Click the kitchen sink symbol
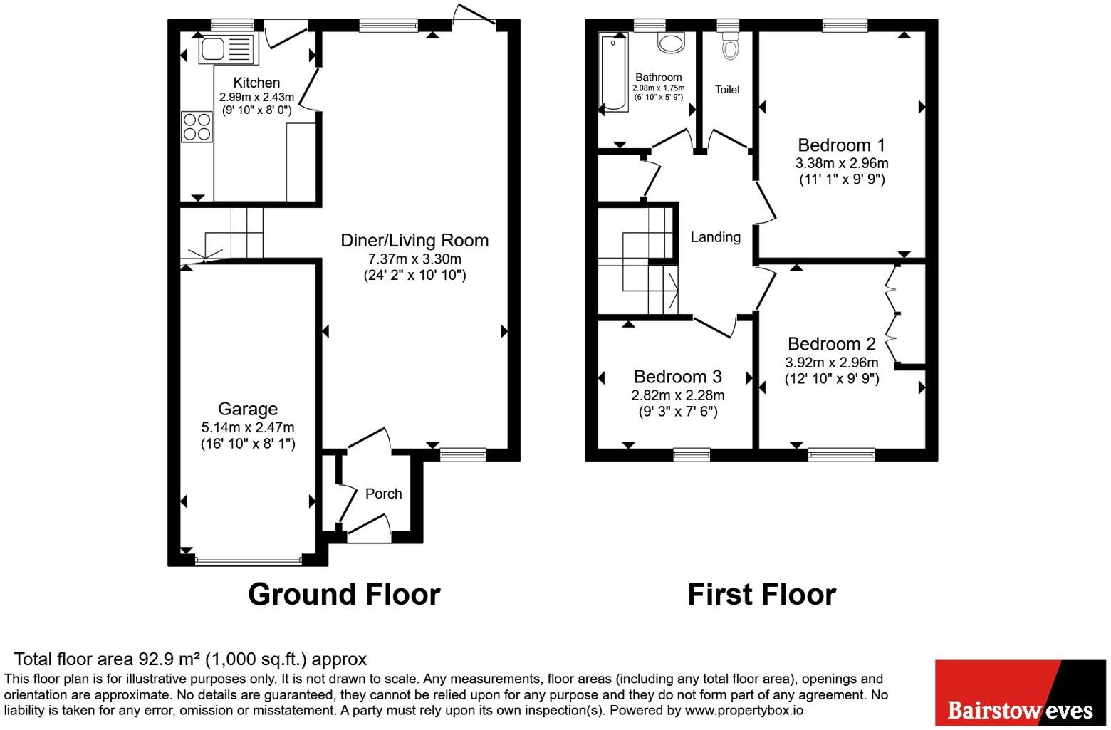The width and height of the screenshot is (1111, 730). [x=226, y=49]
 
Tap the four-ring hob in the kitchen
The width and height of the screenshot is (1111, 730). [x=197, y=126]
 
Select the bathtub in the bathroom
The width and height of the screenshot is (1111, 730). [x=614, y=73]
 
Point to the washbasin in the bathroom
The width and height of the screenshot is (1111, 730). [x=671, y=43]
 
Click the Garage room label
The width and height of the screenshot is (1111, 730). [x=248, y=409]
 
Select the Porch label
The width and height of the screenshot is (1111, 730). [x=383, y=494]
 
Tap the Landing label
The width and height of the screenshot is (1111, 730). [x=715, y=237]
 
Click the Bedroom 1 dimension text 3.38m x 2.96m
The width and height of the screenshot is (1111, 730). [x=842, y=163]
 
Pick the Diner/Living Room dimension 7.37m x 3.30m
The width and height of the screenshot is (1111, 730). [x=414, y=259]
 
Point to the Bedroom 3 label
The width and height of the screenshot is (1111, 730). [x=677, y=376]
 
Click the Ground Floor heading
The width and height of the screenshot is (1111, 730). [x=344, y=594]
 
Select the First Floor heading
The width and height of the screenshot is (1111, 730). [x=761, y=594]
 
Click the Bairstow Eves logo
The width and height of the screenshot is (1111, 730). [x=1020, y=693]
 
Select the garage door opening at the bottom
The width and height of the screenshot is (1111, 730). [x=248, y=561]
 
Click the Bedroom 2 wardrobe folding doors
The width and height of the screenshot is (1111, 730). [x=891, y=313]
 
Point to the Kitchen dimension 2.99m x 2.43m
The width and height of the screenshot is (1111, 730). [x=256, y=97]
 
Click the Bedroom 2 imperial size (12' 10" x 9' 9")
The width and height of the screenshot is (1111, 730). [x=832, y=379]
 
